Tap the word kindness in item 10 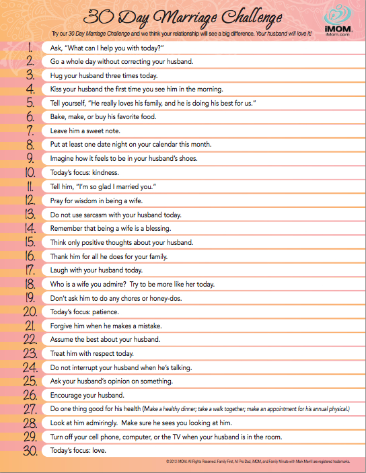coord(103,173)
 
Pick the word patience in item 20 coord(104,312)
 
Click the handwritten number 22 coord(30,339)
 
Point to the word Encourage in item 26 coord(70,394)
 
